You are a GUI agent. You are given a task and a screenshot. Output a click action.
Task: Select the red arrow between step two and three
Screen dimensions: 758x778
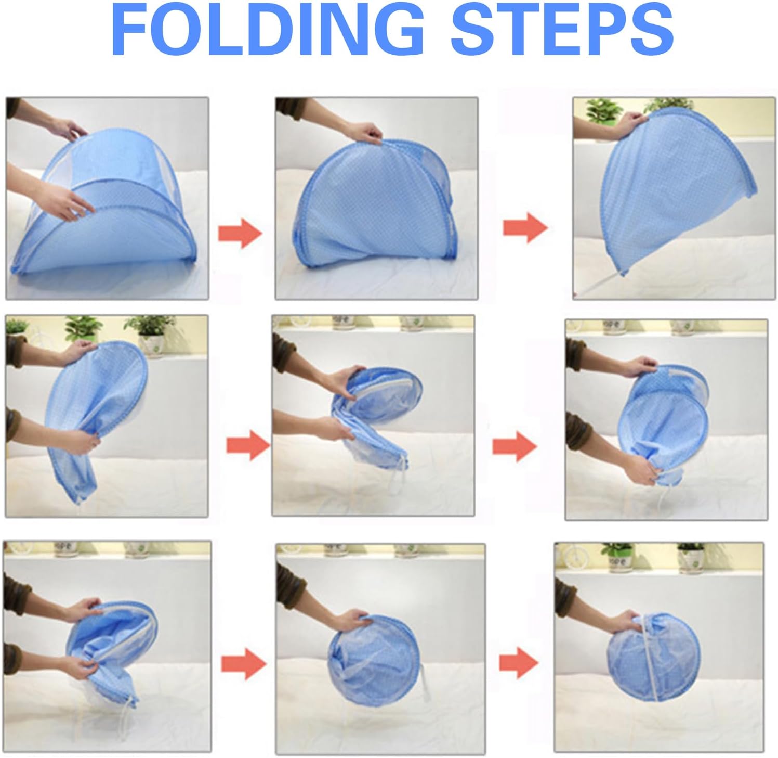(x=525, y=227)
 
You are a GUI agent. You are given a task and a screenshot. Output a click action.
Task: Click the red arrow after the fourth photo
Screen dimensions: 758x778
(x=248, y=445)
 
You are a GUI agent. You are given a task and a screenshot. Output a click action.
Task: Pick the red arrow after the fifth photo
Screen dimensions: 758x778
(x=514, y=446)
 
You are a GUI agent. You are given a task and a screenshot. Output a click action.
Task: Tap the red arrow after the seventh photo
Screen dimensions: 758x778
(x=243, y=664)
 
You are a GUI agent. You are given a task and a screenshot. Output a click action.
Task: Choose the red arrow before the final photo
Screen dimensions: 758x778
(x=518, y=663)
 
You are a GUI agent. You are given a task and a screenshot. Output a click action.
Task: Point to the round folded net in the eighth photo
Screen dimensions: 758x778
(x=372, y=658)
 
